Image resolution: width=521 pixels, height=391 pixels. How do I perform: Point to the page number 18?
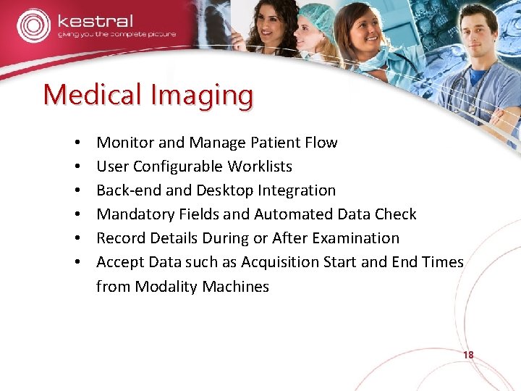coord(467,356)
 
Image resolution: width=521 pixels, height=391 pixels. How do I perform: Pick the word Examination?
coord(358,238)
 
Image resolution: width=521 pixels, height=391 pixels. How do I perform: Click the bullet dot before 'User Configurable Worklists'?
coord(76,167)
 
